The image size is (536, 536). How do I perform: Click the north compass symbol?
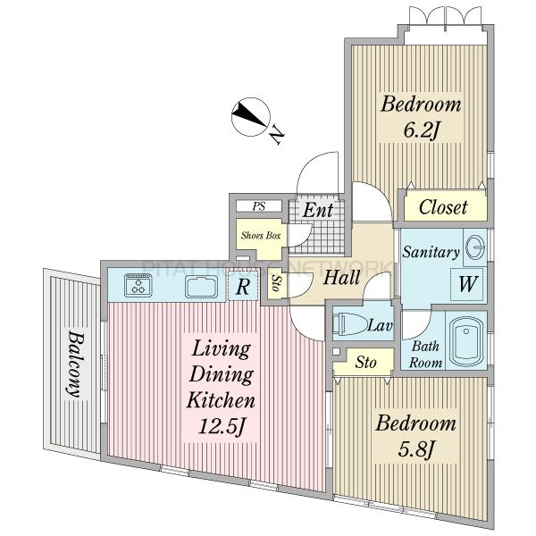point(251,117)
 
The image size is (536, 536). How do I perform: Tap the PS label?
point(259,206)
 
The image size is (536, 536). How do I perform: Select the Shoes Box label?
point(261,235)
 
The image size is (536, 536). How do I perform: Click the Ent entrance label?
point(317,210)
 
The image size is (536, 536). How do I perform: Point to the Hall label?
point(341,277)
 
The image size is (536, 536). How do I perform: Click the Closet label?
point(443,207)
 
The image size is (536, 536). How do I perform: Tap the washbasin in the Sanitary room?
point(475,247)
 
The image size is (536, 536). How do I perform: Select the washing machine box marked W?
point(467,284)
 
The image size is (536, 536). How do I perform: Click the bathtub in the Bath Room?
point(466,342)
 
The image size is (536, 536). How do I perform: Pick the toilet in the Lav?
point(348,323)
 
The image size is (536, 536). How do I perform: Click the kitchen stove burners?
point(138,285)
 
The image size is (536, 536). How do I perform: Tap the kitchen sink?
point(202,287)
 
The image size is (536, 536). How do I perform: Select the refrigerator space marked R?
point(243,287)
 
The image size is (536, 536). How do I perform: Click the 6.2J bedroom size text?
point(421,130)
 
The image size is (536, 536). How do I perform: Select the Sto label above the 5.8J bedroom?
point(365,362)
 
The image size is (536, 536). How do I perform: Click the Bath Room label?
point(425,355)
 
